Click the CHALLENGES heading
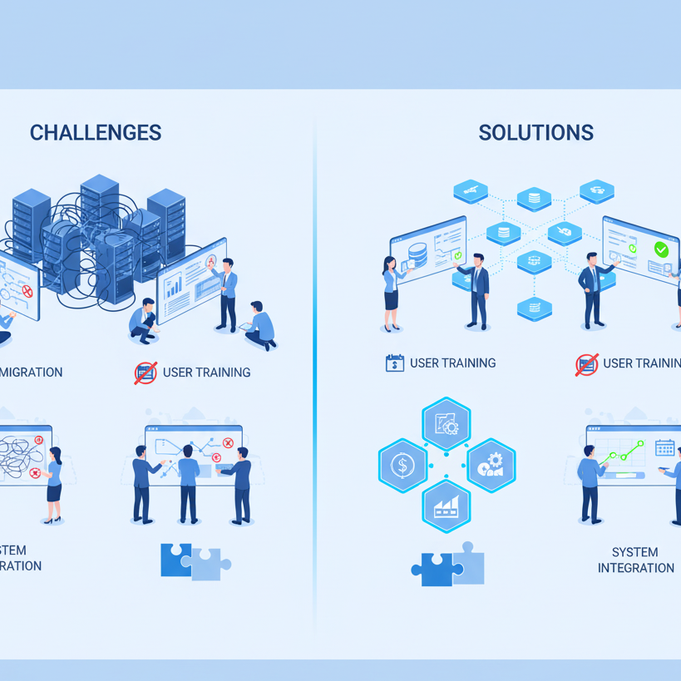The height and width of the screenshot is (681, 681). click(96, 132)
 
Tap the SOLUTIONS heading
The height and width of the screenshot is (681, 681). click(535, 132)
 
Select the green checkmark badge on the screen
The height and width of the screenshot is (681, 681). click(661, 249)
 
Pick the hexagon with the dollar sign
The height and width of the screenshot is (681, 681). click(402, 465)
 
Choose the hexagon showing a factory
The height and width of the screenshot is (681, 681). click(447, 506)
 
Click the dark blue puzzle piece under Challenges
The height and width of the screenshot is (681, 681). click(175, 560)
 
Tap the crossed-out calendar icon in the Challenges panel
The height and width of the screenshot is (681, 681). click(146, 373)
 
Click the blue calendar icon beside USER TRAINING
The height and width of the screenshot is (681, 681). click(395, 363)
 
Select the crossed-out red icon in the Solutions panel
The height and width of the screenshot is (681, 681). click(586, 364)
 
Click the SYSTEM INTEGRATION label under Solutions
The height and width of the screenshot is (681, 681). click(635, 560)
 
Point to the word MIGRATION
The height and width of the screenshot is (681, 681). click(32, 372)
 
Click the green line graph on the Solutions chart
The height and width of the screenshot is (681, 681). click(624, 454)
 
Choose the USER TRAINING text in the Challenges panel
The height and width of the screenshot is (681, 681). click(206, 372)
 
